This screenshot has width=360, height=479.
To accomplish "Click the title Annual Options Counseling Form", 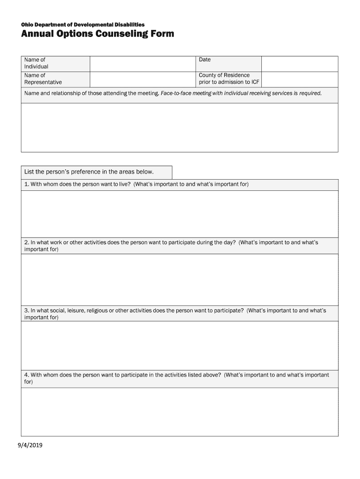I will click(x=97, y=34).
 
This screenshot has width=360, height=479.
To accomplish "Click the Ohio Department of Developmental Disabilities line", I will click(x=83, y=24).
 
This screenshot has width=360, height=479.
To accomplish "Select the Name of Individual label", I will click(x=36, y=63).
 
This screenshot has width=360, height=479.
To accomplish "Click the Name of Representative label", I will click(x=43, y=79).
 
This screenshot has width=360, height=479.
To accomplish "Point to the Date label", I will click(x=205, y=60).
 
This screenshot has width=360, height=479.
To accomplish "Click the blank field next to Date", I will click(x=299, y=64).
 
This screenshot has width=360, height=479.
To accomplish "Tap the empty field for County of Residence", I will click(x=299, y=79).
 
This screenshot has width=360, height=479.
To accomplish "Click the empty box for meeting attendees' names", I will click(x=180, y=127).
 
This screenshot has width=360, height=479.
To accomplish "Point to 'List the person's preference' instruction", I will click(x=89, y=172).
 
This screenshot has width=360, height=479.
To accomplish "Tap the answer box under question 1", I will click(x=180, y=213).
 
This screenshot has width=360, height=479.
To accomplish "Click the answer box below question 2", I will click(x=180, y=279).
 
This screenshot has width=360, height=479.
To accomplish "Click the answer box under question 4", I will click(x=180, y=412).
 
